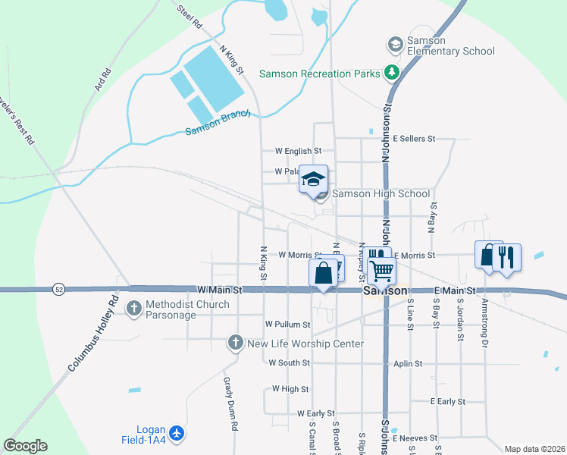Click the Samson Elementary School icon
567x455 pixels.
point(394,45)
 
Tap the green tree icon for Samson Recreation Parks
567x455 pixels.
point(391,74)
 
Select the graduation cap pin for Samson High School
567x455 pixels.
point(313,180)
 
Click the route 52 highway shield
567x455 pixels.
point(58,289)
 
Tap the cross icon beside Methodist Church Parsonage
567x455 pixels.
point(134,308)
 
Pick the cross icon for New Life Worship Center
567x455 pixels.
point(237,344)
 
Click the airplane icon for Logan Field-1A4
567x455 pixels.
point(177,433)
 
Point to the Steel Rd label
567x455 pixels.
point(190,17)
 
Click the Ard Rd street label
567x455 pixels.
point(102,80)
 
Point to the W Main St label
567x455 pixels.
point(219,290)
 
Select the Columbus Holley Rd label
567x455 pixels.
point(94,334)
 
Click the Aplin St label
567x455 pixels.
point(408,364)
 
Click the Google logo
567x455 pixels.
point(26,446)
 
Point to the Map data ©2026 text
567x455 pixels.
point(534,449)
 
